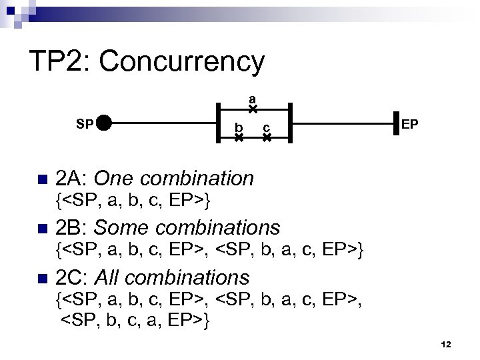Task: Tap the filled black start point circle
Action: [x=104, y=123]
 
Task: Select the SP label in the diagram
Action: [x=84, y=123]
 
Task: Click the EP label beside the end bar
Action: [x=411, y=124]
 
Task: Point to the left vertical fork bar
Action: [x=217, y=123]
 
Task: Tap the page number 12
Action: [x=447, y=343]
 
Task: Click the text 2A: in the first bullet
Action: [x=72, y=179]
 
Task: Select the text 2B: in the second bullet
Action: [x=72, y=228]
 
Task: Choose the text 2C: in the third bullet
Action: [x=72, y=277]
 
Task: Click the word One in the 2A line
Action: [x=115, y=179]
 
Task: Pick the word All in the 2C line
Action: [x=109, y=277]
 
